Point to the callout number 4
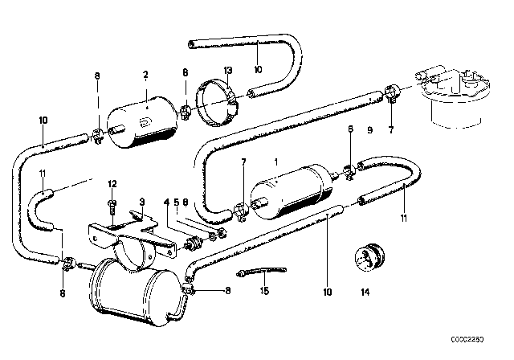click(x=166, y=201)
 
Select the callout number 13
click(x=227, y=71)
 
